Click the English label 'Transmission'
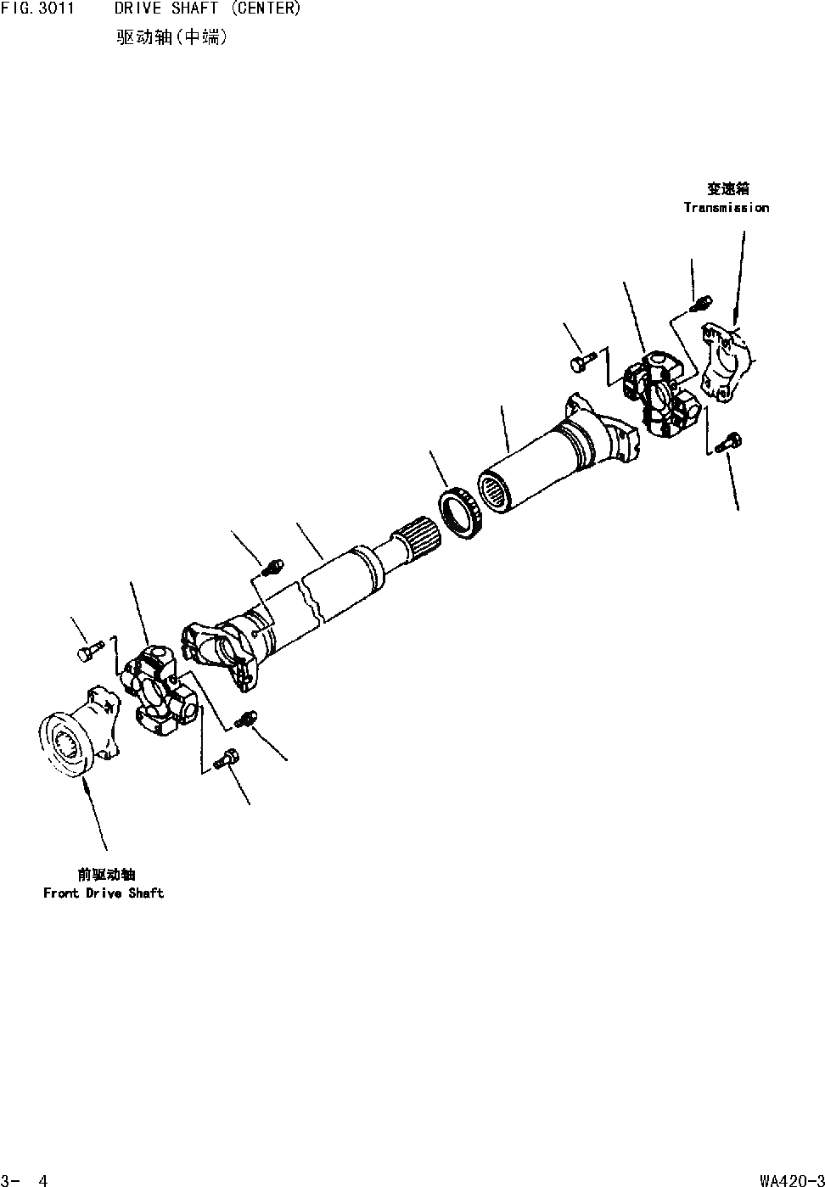click(727, 208)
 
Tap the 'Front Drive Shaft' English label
click(104, 893)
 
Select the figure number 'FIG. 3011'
click(37, 9)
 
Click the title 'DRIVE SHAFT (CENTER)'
click(208, 9)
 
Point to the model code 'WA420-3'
click(792, 1179)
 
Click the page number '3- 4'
click(25, 1179)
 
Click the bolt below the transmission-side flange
click(729, 441)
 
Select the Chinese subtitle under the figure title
click(172, 37)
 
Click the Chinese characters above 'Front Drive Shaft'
click(106, 875)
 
